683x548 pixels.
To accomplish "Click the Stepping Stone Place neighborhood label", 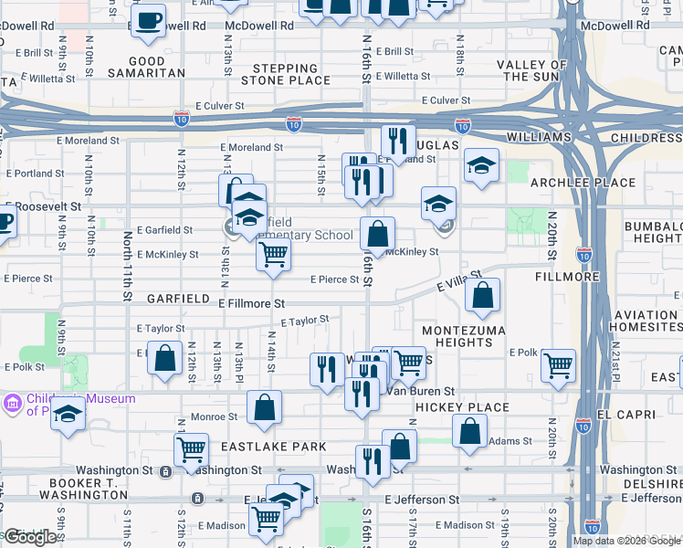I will click(286, 74).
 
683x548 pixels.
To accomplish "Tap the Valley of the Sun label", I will click(539, 70).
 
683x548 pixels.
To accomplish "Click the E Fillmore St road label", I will click(251, 302).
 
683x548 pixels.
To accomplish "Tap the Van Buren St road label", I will click(420, 391).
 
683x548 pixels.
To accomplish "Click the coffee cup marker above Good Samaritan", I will click(148, 22).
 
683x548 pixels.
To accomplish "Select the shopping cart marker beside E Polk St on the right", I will click(558, 365).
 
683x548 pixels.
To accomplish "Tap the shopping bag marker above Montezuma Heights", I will click(482, 294).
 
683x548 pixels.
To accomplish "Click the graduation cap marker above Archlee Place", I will click(481, 165).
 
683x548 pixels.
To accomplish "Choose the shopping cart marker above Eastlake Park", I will click(191, 448).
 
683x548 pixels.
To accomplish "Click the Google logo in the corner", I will click(29, 537).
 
